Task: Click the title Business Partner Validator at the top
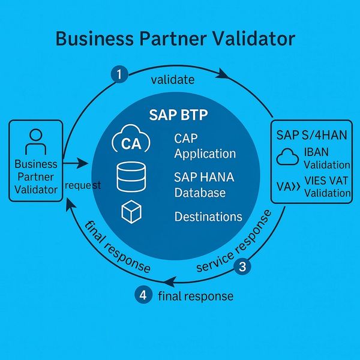tap(175, 39)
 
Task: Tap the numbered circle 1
tap(120, 74)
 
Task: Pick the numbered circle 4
tap(142, 295)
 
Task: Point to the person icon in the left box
tap(35, 141)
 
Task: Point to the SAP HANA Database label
tap(200, 185)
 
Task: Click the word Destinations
tap(208, 217)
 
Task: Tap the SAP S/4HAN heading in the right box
tap(311, 133)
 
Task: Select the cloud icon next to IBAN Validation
tap(289, 158)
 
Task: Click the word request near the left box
tap(83, 185)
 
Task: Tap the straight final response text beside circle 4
tap(195, 296)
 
